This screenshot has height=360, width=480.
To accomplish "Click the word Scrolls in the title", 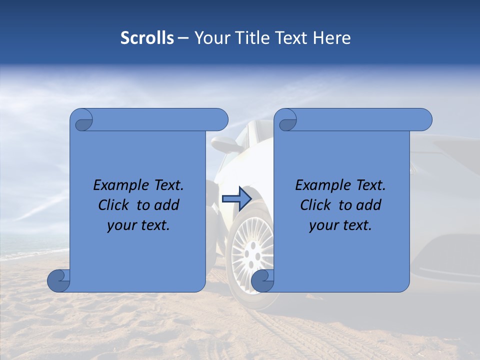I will coord(147,38).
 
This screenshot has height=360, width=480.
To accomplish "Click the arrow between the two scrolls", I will coord(236,198).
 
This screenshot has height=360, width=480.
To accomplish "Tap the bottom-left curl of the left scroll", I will coord(58,280).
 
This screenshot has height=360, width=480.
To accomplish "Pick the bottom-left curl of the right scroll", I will coord(262,280).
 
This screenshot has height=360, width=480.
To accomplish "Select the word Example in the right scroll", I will coord(322,185).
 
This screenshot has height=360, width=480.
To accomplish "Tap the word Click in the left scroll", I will coord(113,205).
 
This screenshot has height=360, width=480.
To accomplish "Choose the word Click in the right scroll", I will coord(315,205).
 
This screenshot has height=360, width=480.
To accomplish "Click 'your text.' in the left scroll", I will coord(138,225).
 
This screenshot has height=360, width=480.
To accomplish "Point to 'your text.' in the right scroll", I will coord(340,225).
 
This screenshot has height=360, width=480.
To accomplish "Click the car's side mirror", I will coord(223,144).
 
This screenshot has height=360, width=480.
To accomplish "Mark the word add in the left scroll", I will coord(167,205).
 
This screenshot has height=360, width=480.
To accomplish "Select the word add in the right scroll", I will coord(369,205).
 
